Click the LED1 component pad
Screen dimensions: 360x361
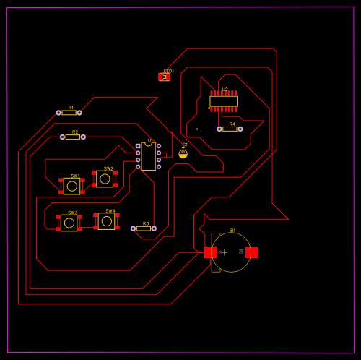click(164, 77)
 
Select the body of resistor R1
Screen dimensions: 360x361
click(69, 112)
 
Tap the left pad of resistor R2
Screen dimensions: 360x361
click(63, 137)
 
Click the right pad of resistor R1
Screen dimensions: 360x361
click(79, 112)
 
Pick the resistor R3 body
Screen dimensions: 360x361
click(144, 228)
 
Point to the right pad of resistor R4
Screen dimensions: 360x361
click(240, 129)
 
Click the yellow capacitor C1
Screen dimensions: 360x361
click(183, 153)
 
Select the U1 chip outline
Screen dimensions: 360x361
click(148, 156)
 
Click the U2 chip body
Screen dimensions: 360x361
click(224, 101)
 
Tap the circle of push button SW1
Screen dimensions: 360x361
click(71, 187)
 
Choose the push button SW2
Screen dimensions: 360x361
click(105, 179)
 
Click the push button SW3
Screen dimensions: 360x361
click(69, 223)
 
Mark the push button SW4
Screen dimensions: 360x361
click(106, 221)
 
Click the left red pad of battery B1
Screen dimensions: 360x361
click(210, 252)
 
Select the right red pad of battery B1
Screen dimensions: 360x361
click(252, 252)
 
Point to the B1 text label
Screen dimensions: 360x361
click(232, 231)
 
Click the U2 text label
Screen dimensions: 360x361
click(225, 90)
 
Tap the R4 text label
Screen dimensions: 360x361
click(232, 124)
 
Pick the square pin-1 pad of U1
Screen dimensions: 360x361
click(138, 146)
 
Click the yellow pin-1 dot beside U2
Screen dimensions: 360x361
click(209, 108)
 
